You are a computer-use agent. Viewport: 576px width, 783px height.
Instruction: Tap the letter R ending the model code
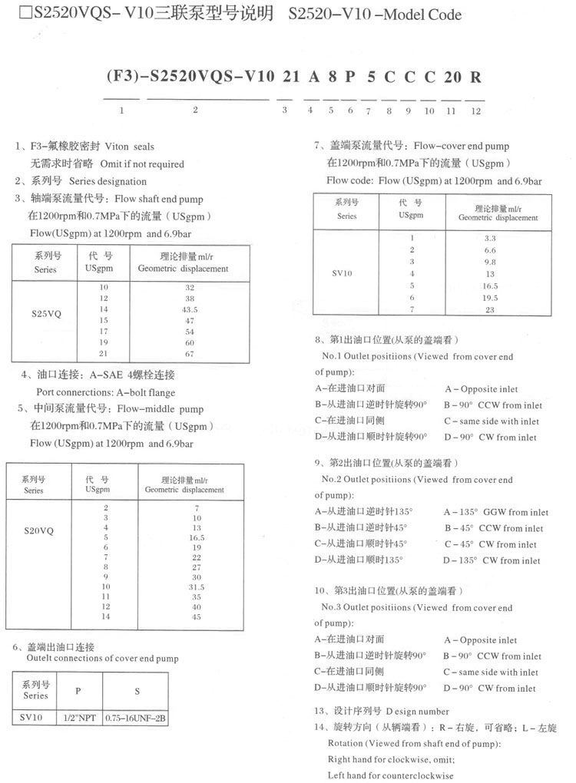(476, 78)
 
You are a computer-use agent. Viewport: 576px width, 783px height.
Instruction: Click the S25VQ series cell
(47, 313)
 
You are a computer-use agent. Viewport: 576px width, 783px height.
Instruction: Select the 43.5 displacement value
(168, 309)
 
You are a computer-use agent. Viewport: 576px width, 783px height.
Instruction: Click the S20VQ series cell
(38, 530)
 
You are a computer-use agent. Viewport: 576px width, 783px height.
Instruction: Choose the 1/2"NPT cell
(78, 719)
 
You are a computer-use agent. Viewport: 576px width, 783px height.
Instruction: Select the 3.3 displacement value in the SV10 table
(490, 239)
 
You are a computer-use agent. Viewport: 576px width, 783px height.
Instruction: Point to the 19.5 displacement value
(490, 298)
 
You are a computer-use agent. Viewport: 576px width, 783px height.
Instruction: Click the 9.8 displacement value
(490, 262)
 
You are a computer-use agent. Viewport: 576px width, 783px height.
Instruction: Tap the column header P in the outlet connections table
(78, 691)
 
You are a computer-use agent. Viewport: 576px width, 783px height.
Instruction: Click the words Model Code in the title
(426, 15)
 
